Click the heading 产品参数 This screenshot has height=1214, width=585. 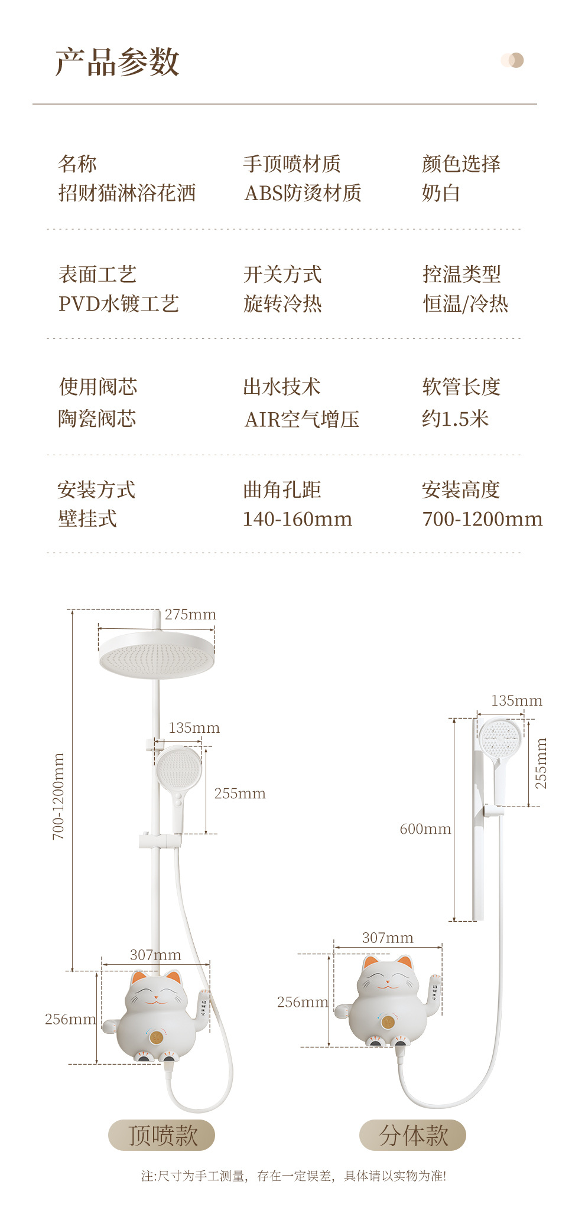[x=117, y=62]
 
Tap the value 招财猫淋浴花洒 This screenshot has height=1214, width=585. [x=127, y=193]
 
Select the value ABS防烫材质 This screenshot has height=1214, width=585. [x=303, y=193]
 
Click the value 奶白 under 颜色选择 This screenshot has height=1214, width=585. [x=441, y=193]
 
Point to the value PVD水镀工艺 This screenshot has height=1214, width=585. [x=118, y=304]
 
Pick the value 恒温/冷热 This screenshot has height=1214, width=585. [x=465, y=304]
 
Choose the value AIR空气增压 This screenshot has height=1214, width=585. [x=301, y=419]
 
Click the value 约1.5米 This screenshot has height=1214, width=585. [x=455, y=419]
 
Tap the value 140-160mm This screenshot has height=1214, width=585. [x=297, y=519]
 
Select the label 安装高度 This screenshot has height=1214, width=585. [x=461, y=489]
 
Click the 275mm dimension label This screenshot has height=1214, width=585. [x=190, y=615]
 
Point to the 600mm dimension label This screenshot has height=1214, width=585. [x=425, y=829]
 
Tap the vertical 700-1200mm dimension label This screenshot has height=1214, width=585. [x=58, y=796]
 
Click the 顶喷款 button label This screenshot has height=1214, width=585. [x=161, y=1135]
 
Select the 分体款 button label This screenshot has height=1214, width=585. [x=413, y=1135]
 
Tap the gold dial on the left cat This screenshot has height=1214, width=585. [x=156, y=1037]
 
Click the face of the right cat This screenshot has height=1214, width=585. [x=387, y=983]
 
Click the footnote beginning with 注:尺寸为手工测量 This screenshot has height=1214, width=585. [x=294, y=1176]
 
